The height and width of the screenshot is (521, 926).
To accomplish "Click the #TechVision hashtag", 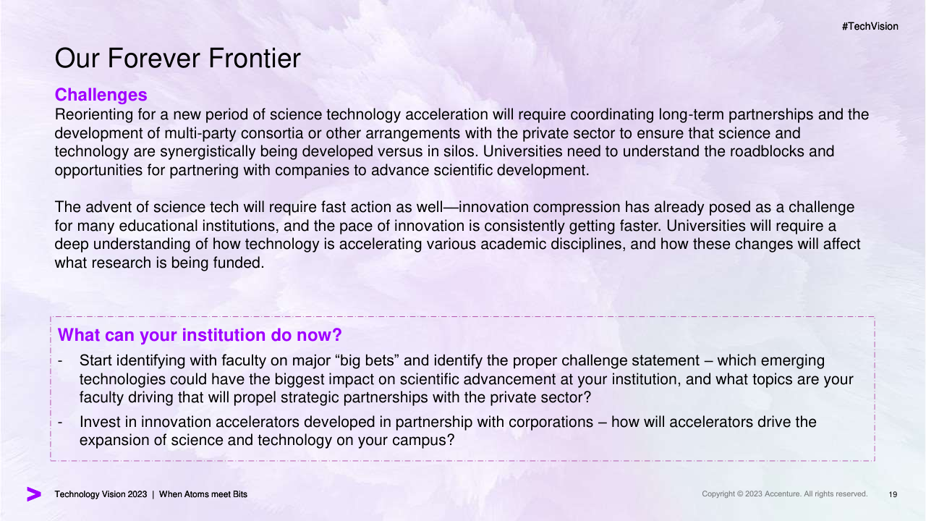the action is click(x=870, y=27).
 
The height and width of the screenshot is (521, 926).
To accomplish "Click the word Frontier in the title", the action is click(x=255, y=58).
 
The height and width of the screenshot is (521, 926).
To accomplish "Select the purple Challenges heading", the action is click(x=101, y=95).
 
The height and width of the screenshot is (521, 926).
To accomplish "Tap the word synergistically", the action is click(x=208, y=152).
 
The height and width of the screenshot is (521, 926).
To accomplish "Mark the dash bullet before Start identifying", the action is click(x=60, y=361).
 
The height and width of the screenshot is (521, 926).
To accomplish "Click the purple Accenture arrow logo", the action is click(x=34, y=494).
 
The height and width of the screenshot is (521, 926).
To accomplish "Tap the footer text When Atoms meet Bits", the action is click(x=203, y=494).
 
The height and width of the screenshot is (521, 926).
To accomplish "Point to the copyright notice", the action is click(x=785, y=494).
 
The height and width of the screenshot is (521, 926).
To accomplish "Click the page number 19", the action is click(x=893, y=494).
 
